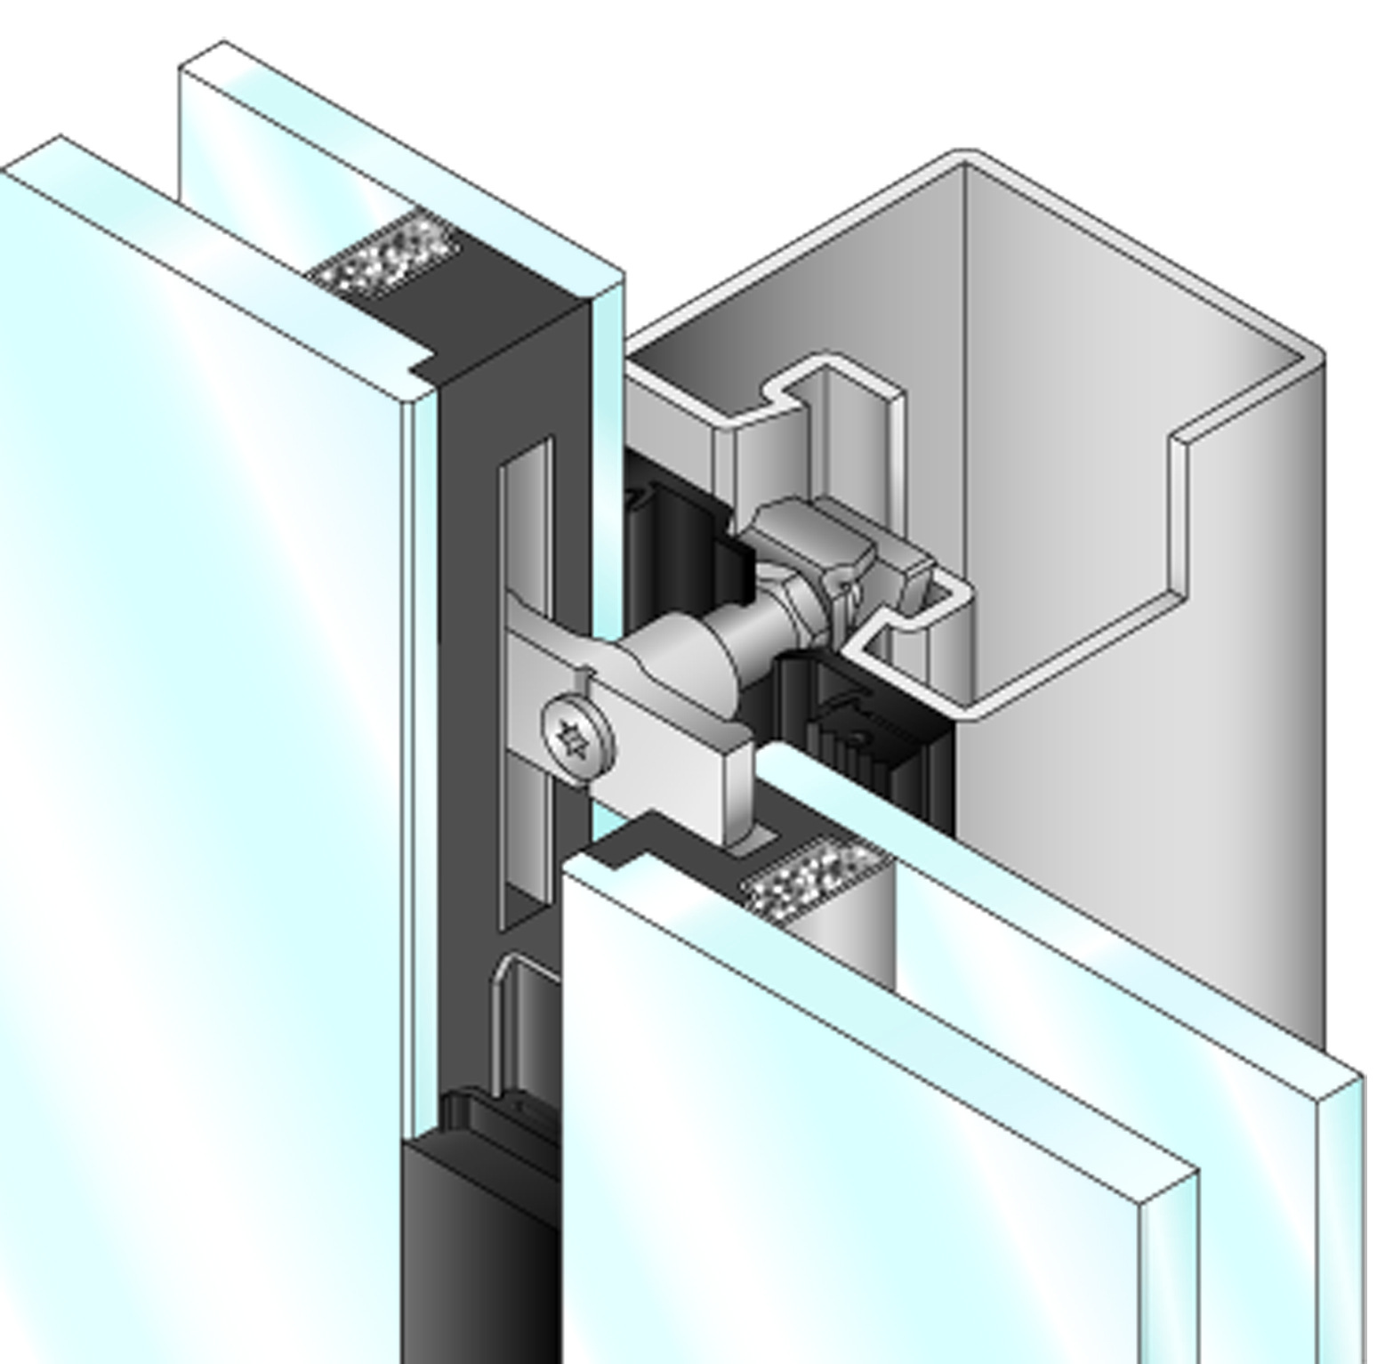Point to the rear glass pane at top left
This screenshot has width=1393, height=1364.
[294, 160]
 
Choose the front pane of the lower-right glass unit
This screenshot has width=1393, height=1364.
[845, 1157]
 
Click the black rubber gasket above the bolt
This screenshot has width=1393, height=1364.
[676, 525]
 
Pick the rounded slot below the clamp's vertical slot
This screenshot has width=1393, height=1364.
[525, 1023]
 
